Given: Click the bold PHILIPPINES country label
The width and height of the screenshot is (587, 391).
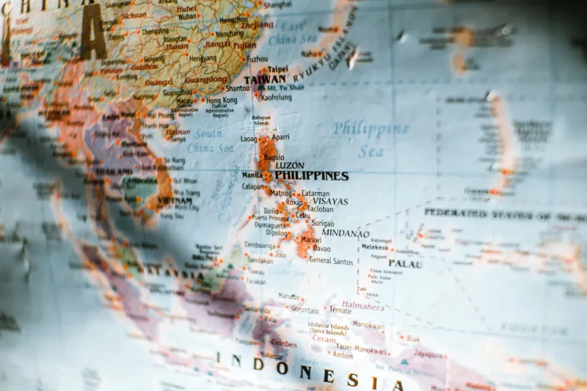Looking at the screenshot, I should pos(311,176).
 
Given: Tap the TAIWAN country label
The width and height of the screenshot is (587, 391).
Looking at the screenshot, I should pos(264,79).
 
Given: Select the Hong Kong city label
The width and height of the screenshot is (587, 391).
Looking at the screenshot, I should pos(221,101).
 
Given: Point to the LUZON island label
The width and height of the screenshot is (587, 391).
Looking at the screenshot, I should pos(289,166).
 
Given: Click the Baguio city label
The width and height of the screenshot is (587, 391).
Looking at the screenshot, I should pos(274,157).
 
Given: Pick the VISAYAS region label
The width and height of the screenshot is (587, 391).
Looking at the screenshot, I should pos(330,201).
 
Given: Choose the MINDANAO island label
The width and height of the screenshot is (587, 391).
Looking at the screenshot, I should pos(345,233).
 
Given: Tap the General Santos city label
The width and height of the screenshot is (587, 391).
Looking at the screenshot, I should pos(331,260).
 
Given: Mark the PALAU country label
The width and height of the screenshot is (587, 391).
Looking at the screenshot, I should pos(404,263).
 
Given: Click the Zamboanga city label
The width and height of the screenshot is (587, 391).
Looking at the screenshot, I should pos(260,245).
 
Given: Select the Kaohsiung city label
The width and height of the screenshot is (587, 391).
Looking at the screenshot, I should pos(276,97).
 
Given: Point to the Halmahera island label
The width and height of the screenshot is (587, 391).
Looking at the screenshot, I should pos(362,305).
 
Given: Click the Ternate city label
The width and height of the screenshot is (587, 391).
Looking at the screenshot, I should pos(339,310).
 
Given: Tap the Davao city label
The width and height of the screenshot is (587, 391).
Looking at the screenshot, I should pos(321,249).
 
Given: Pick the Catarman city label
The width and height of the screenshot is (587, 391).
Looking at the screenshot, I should pos(316,194).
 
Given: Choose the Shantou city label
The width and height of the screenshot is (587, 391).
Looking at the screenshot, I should pos(237,88).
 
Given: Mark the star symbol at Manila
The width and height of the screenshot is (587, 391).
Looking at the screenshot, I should pos(267,175).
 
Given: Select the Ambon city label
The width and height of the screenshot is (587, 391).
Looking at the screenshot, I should pos(342,355).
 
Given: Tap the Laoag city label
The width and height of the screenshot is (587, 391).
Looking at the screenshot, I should pos(249,138).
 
